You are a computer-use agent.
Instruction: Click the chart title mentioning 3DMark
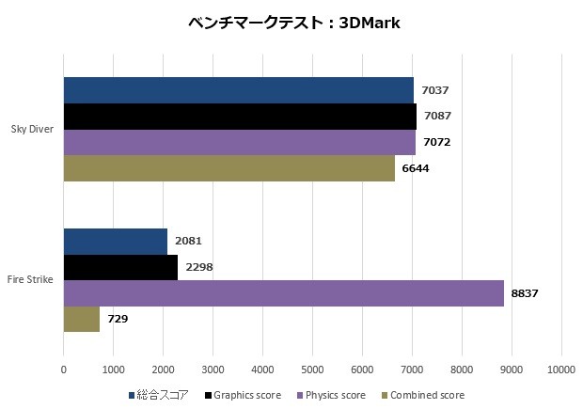292,23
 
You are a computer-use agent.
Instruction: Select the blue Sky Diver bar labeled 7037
238,90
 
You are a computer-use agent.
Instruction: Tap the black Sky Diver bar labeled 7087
240,117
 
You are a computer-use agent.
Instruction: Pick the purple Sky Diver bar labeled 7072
239,142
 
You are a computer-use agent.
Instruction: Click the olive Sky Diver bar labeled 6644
228,167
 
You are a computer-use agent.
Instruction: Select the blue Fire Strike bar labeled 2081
115,241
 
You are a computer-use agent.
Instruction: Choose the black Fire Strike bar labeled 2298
120,267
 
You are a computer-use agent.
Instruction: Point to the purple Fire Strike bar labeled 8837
283,293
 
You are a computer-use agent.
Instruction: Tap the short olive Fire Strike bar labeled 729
81,319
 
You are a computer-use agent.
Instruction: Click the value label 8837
524,293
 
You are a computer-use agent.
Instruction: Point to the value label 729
118,319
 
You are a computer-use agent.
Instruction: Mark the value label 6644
415,168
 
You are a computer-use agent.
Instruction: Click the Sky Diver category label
32,129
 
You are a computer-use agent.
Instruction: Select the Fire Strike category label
31,279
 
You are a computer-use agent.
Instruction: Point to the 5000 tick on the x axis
312,370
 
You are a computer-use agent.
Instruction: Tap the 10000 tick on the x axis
561,370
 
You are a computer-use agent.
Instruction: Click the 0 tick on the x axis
63,370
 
